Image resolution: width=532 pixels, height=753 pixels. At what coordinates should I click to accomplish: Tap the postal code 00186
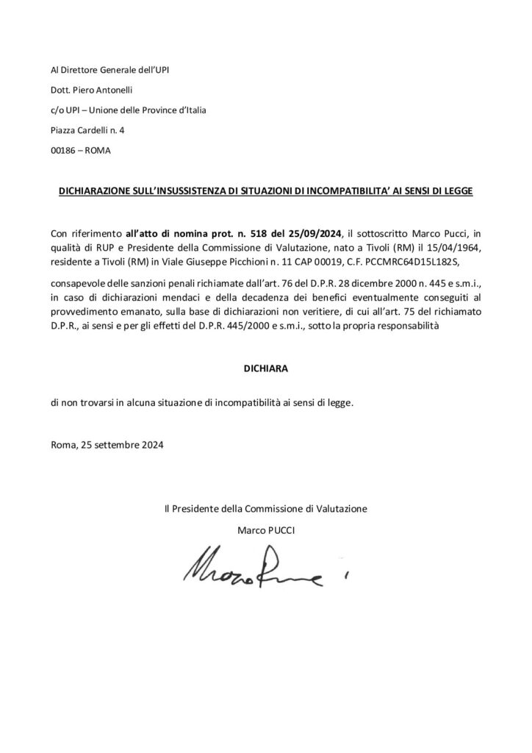point(65,151)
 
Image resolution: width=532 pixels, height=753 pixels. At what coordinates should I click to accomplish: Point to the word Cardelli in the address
point(102,131)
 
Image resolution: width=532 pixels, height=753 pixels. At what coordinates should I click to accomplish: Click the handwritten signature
point(250,564)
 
